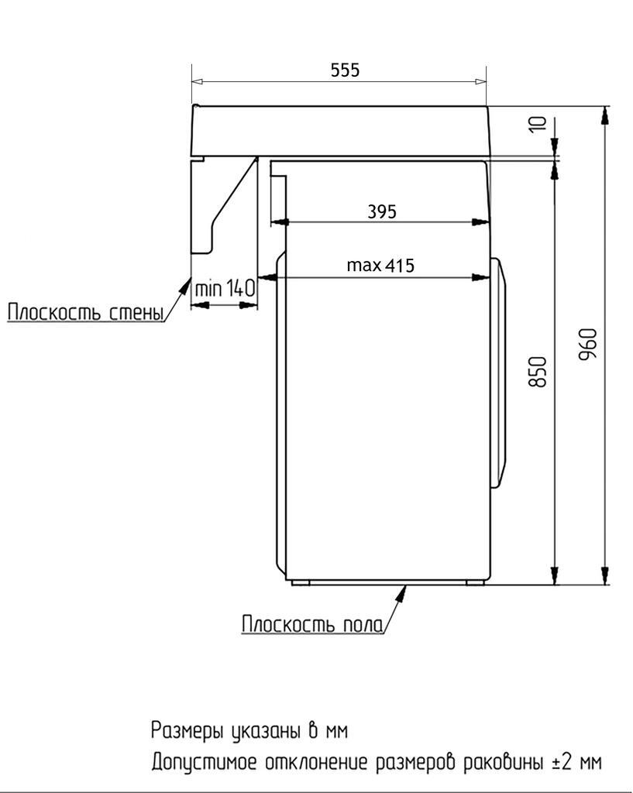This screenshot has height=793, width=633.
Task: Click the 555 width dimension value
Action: click(x=345, y=70)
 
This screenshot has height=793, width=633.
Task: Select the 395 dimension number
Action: click(x=382, y=211)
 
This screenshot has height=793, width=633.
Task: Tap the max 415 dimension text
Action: click(x=380, y=266)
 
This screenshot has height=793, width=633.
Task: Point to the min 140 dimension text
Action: click(x=225, y=290)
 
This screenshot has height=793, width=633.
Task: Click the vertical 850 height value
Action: click(x=539, y=372)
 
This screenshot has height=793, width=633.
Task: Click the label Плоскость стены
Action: click(x=85, y=313)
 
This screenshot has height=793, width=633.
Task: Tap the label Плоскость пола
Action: click(x=312, y=624)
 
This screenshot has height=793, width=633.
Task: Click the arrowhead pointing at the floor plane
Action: click(x=402, y=592)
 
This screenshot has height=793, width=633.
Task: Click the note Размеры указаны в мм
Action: click(x=249, y=730)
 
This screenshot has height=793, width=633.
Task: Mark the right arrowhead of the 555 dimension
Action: click(x=480, y=81)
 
